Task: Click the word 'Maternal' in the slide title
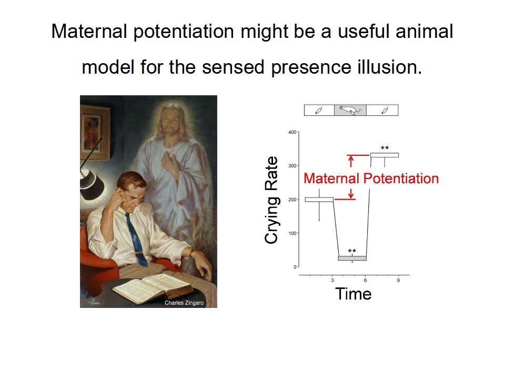click(89, 31)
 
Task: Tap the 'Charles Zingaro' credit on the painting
click(184, 303)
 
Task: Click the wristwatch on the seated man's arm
click(192, 252)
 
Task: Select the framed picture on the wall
click(95, 132)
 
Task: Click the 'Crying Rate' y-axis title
click(271, 200)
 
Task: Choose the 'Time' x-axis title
click(353, 294)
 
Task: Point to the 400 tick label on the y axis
click(292, 132)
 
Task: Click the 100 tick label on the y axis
click(292, 233)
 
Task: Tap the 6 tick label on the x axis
click(365, 281)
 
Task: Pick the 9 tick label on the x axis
click(398, 281)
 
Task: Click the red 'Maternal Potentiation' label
click(371, 178)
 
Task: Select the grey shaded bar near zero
click(352, 258)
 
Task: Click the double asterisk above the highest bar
click(385, 148)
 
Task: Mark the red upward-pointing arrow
click(351, 161)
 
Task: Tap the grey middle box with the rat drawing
click(350, 110)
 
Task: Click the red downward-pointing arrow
click(351, 194)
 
